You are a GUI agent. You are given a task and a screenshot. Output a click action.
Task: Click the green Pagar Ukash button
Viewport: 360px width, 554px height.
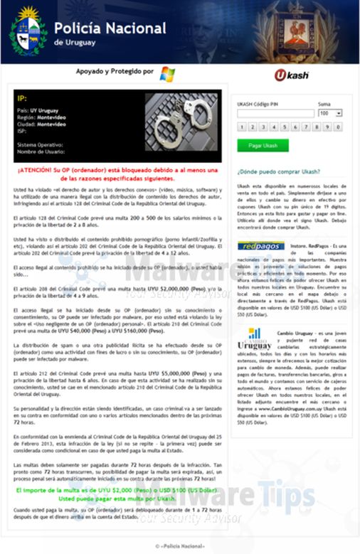(263, 145)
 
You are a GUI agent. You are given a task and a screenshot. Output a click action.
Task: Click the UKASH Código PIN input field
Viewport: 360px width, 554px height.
(275, 113)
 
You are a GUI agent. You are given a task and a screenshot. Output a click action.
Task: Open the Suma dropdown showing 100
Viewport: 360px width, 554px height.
(330, 113)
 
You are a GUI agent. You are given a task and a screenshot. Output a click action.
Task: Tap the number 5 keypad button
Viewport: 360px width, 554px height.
(285, 127)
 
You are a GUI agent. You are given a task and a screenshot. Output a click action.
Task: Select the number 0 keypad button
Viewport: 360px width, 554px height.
(339, 127)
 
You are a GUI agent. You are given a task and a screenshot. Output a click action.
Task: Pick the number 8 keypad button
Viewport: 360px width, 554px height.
(317, 127)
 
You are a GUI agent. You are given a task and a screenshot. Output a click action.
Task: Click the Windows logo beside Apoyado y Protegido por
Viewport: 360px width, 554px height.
(167, 74)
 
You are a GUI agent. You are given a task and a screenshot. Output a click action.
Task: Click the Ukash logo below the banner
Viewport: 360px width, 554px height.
(291, 75)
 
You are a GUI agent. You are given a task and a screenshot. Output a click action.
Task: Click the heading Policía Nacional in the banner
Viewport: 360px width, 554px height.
(110, 28)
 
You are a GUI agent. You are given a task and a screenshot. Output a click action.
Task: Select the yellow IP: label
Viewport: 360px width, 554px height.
(21, 98)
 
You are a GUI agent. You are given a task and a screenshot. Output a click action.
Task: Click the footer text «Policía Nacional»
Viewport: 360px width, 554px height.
(179, 545)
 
